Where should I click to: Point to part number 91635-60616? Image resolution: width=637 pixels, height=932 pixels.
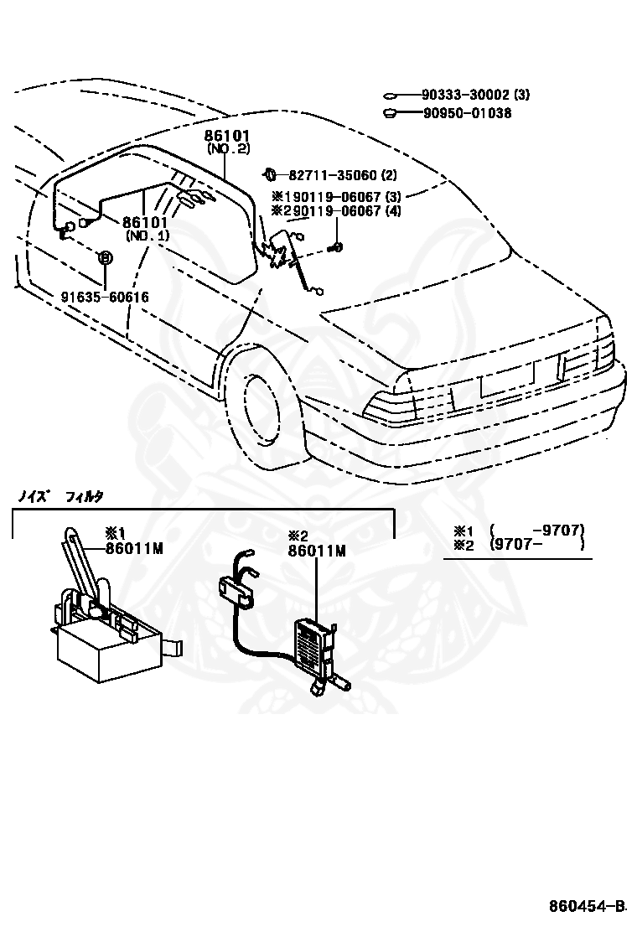pos(105,297)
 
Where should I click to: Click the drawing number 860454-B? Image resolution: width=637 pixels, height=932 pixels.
pos(588,905)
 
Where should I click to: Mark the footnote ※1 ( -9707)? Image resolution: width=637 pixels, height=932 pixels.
pos(519,530)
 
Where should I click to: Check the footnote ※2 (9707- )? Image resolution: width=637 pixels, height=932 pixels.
pos(519,544)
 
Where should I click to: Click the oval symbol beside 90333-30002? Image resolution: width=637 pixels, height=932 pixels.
pos(391,96)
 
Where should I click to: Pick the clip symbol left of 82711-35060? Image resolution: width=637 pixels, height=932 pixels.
pos(271,174)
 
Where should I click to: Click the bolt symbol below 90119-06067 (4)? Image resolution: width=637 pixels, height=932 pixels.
pos(337,246)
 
